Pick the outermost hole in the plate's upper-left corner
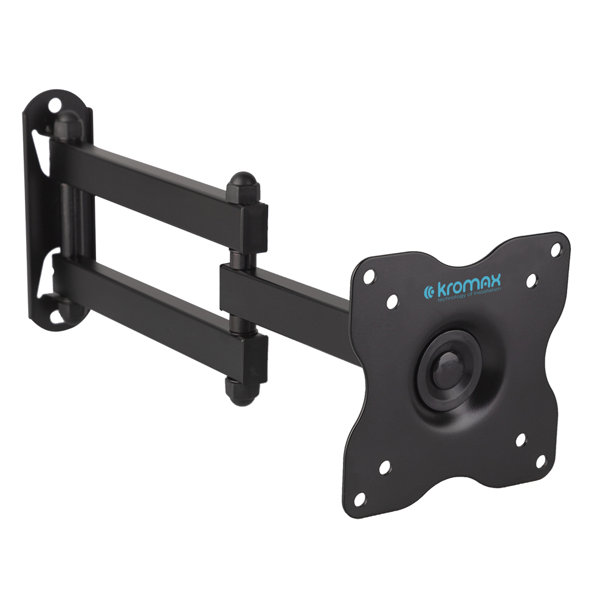point(370,277)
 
